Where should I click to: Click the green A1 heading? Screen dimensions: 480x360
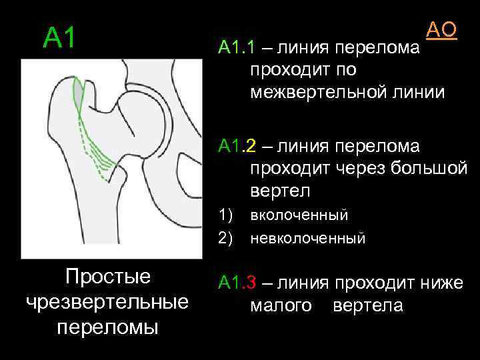click(x=61, y=39)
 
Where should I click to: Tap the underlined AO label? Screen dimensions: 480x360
click(x=441, y=29)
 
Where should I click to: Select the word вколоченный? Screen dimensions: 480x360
click(x=299, y=215)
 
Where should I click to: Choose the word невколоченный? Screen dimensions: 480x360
click(x=307, y=237)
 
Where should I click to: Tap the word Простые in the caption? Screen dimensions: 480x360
click(x=107, y=277)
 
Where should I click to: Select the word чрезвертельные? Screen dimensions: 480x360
click(x=107, y=302)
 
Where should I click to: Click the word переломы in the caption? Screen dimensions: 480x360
click(x=107, y=327)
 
